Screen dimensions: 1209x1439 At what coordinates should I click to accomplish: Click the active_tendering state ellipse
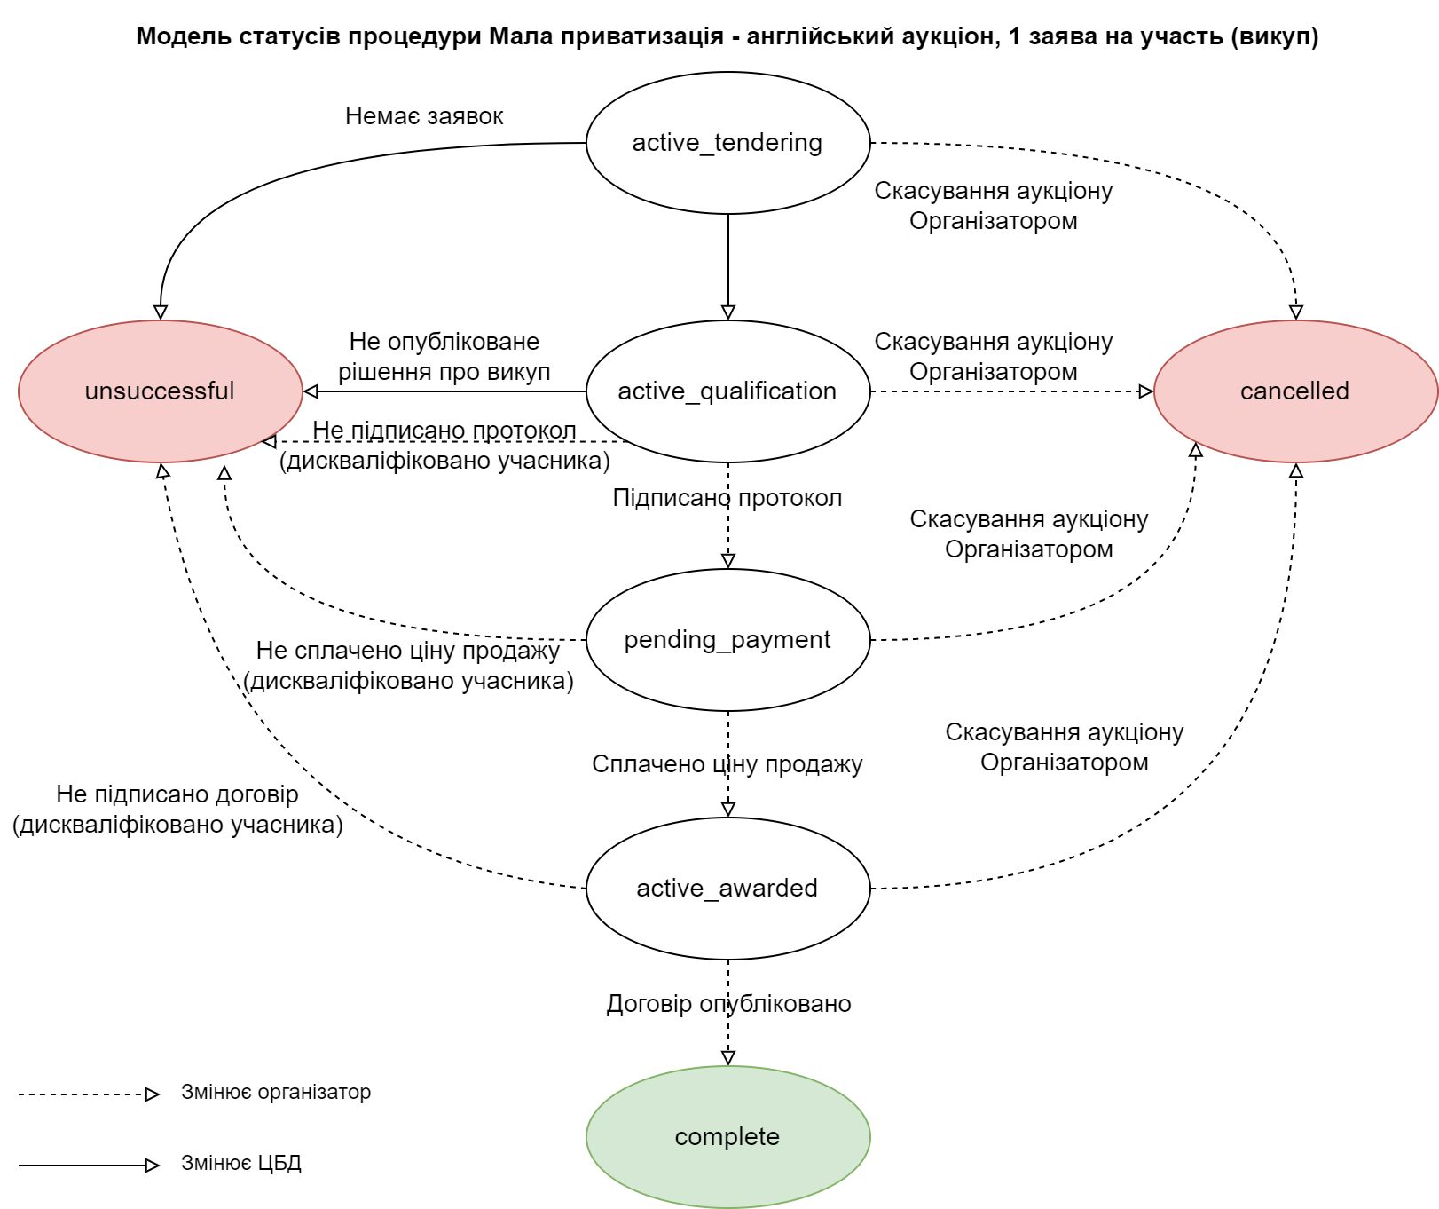pyautogui.click(x=727, y=143)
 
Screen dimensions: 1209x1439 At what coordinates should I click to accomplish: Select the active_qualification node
pyautogui.click(x=727, y=391)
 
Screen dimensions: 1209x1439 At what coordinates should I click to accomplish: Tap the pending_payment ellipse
pyautogui.click(x=727, y=640)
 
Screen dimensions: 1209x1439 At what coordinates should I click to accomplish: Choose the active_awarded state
pyautogui.click(x=727, y=889)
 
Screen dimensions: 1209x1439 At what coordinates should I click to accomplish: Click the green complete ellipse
pyautogui.click(x=727, y=1137)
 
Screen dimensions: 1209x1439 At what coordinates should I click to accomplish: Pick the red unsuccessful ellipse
pyautogui.click(x=160, y=391)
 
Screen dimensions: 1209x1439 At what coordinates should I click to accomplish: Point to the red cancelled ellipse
pyautogui.click(x=1295, y=391)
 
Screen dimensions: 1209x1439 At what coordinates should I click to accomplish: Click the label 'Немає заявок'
pyautogui.click(x=424, y=116)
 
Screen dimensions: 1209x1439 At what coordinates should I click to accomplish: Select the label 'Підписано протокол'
pyautogui.click(x=727, y=498)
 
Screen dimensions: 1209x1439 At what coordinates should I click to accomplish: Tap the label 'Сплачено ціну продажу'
pyautogui.click(x=727, y=764)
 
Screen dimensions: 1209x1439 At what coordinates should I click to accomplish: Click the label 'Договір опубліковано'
pyautogui.click(x=728, y=1004)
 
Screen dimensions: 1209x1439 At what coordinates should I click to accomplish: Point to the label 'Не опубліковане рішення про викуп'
pyautogui.click(x=444, y=357)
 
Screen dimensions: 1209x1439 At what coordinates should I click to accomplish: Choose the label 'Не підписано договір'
pyautogui.click(x=177, y=794)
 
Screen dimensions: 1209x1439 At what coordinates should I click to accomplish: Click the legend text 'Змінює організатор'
pyautogui.click(x=276, y=1093)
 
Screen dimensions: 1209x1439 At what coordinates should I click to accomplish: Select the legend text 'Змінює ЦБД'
pyautogui.click(x=241, y=1164)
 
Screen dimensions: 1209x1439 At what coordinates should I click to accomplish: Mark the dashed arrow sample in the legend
pyautogui.click(x=89, y=1094)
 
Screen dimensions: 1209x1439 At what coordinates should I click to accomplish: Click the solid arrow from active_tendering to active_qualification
pyautogui.click(x=728, y=266)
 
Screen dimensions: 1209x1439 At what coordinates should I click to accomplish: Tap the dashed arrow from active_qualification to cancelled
pyautogui.click(x=1011, y=391)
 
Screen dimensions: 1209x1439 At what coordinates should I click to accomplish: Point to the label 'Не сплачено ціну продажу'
pyautogui.click(x=408, y=651)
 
